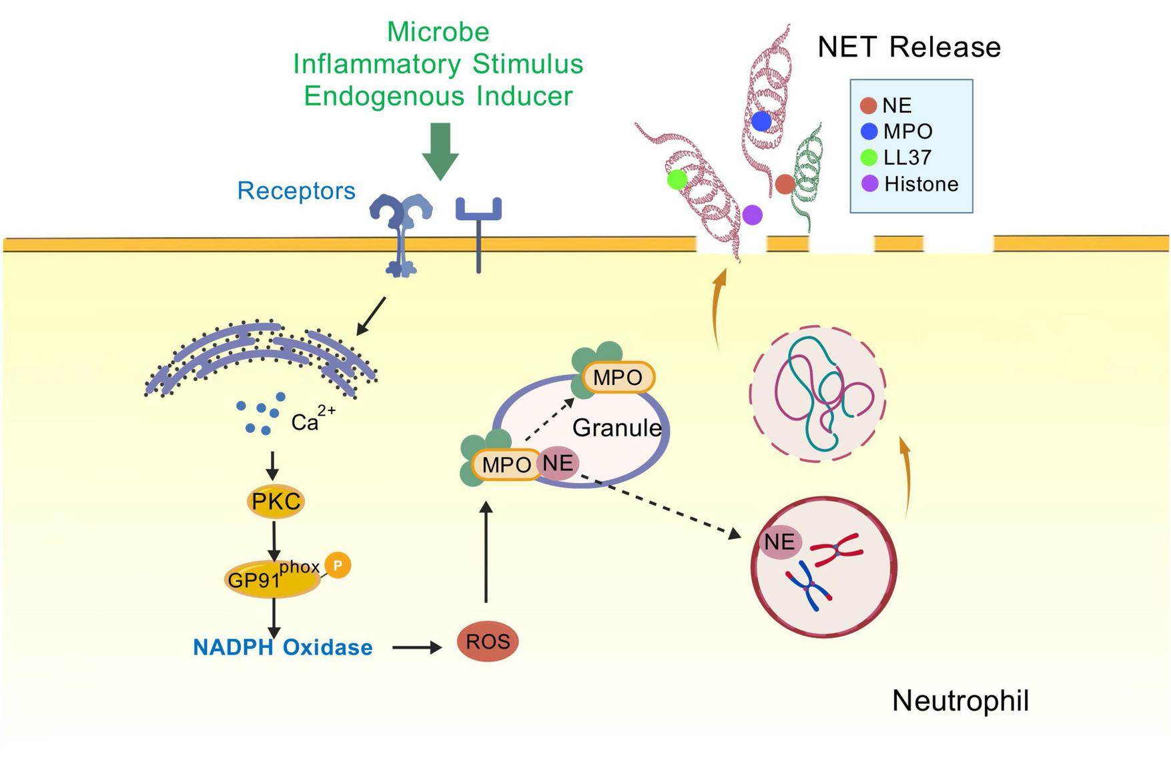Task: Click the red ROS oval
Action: click(488, 641)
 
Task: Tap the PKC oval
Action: click(276, 501)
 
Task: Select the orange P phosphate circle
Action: click(338, 565)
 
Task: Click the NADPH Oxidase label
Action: click(282, 647)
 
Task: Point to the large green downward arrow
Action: click(440, 151)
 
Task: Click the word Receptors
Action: click(296, 191)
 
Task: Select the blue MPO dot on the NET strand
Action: click(761, 121)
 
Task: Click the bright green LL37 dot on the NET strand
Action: click(677, 179)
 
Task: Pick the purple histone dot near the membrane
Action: click(752, 215)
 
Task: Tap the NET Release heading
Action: click(909, 47)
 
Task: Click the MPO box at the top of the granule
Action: click(618, 378)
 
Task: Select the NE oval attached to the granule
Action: click(558, 462)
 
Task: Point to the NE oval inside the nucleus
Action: click(780, 541)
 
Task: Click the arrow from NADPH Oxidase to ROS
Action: click(416, 647)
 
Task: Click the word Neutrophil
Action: click(960, 701)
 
